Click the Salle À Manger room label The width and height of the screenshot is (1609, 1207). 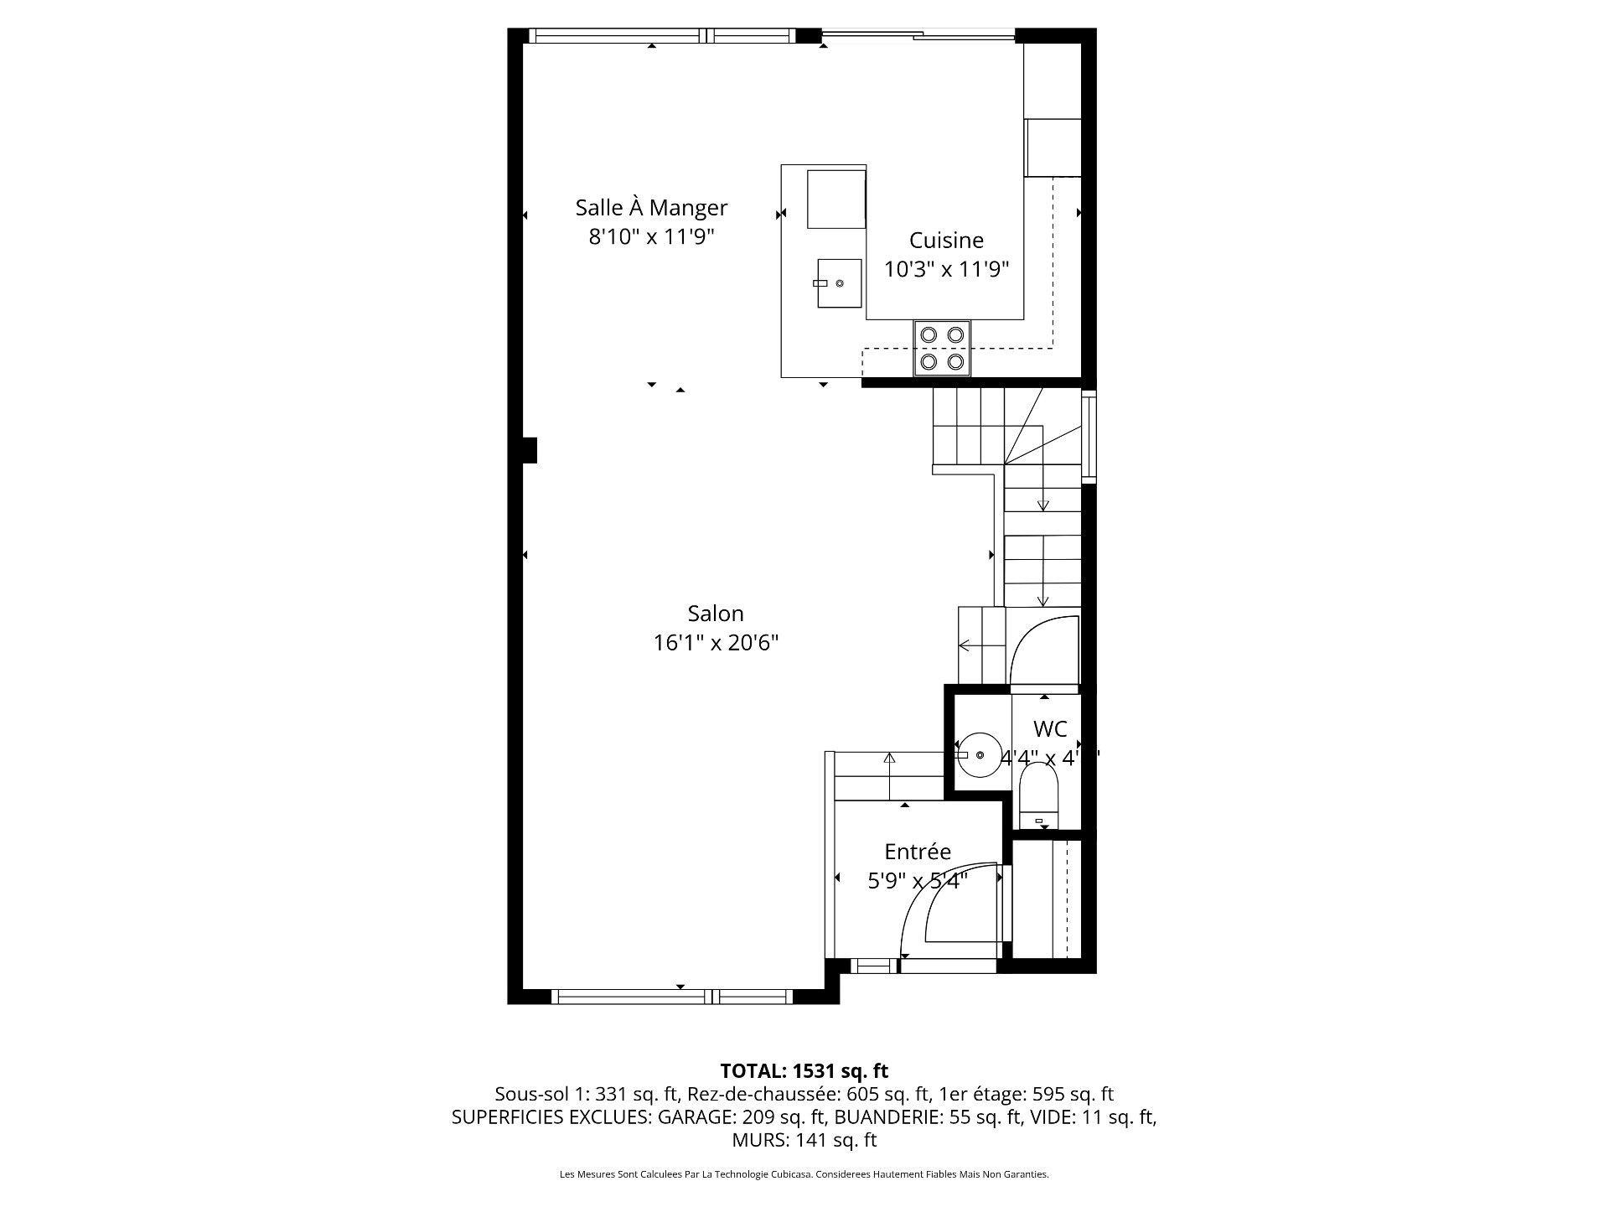[x=650, y=207]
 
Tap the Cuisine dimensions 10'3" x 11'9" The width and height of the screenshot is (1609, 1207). [x=946, y=269]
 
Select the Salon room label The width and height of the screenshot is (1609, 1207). [x=715, y=614]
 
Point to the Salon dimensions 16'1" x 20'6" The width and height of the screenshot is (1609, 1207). [x=716, y=643]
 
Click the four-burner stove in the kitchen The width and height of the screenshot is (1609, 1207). [x=942, y=349]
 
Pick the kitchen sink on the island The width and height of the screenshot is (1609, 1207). [x=839, y=283]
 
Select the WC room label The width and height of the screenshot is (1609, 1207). [x=1049, y=728]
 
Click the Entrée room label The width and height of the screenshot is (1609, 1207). [x=918, y=852]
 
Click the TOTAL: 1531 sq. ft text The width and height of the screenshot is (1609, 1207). [x=804, y=1070]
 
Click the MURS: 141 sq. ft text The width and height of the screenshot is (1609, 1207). [x=804, y=1140]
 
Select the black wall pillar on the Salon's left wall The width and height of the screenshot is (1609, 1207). [x=528, y=450]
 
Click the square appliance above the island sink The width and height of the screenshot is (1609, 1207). [x=835, y=199]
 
